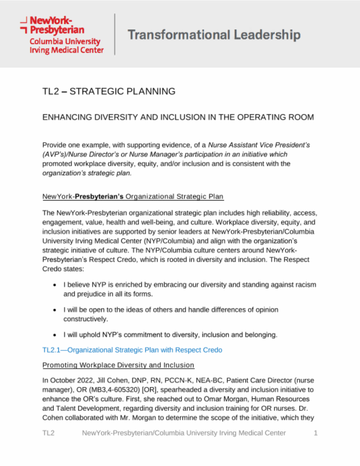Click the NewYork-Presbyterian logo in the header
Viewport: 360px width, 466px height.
62,35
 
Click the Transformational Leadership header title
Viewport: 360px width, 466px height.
214,35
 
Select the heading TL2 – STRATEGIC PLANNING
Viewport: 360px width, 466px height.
109,91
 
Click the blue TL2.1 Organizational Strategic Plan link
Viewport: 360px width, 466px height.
132,350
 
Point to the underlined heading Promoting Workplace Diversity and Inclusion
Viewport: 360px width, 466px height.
118,365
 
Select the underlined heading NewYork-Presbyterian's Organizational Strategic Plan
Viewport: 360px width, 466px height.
133,197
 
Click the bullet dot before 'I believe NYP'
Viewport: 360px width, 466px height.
54,285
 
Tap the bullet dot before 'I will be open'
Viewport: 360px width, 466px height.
54,310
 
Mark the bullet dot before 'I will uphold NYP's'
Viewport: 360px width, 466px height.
54,335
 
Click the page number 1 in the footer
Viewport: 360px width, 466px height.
315,433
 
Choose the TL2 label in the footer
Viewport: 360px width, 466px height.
49,433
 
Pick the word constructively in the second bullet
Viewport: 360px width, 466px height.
85,319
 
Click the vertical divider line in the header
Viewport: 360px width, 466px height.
115,34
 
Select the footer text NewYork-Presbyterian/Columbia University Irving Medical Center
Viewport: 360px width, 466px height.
184,433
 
